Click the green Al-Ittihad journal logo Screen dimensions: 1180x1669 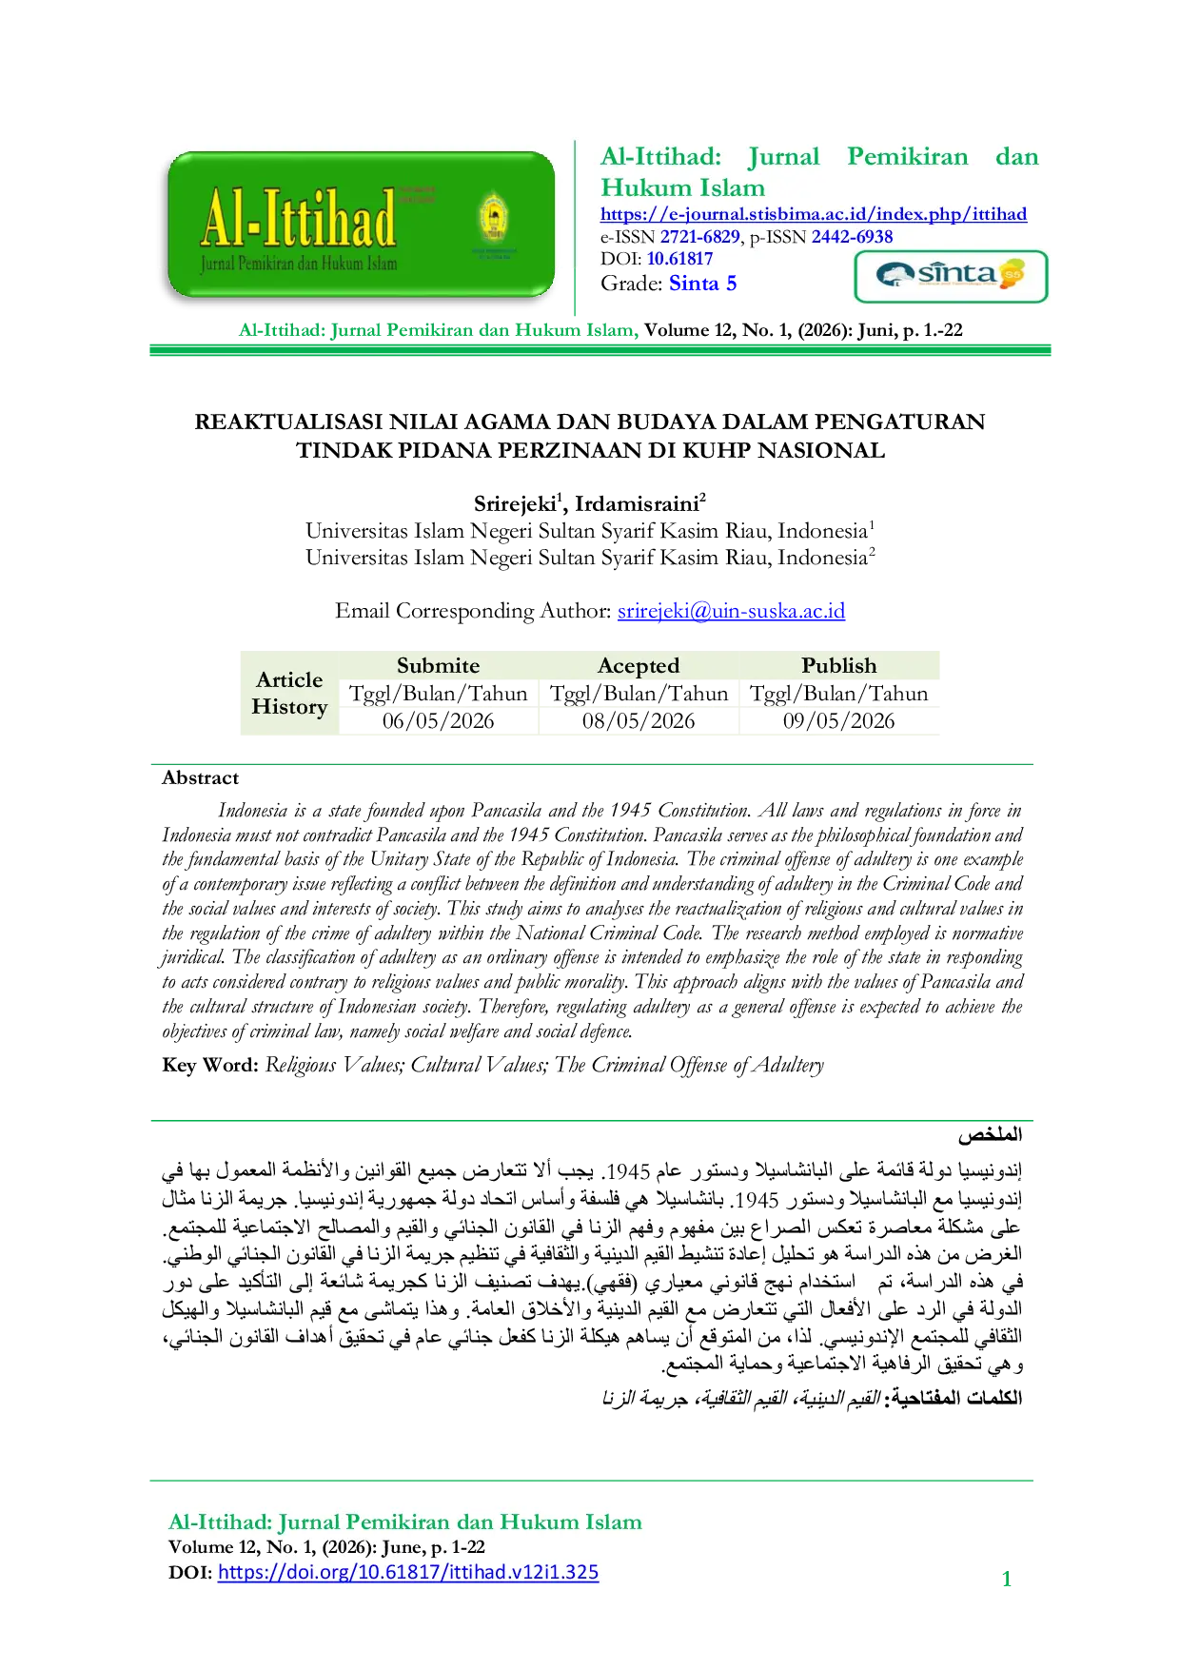pyautogui.click(x=361, y=226)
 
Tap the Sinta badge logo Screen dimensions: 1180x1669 pyautogui.click(x=951, y=276)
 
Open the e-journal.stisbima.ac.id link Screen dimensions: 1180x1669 pyautogui.click(x=814, y=214)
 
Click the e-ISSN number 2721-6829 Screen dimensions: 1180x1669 pyautogui.click(x=700, y=237)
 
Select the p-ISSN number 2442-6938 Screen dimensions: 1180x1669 pyautogui.click(x=852, y=237)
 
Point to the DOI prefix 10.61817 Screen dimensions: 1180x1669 pyautogui.click(x=679, y=259)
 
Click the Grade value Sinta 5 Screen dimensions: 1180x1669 pyautogui.click(x=702, y=284)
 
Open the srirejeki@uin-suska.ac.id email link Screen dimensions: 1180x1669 pyautogui.click(x=731, y=611)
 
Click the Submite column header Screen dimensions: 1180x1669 pyautogui.click(x=438, y=665)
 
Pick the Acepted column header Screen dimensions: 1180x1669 pyautogui.click(x=639, y=666)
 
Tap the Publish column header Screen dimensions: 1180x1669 pyautogui.click(x=838, y=665)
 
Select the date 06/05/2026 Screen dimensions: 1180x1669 pyautogui.click(x=438, y=721)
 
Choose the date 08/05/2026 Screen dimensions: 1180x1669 pyautogui.click(x=639, y=721)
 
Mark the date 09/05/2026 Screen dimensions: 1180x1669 pyautogui.click(x=838, y=721)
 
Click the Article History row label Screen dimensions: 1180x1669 pyautogui.click(x=289, y=693)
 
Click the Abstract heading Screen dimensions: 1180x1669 pyautogui.click(x=200, y=778)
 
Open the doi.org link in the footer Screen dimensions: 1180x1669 pyautogui.click(x=408, y=1572)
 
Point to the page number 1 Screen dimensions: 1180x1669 pyautogui.click(x=1007, y=1580)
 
